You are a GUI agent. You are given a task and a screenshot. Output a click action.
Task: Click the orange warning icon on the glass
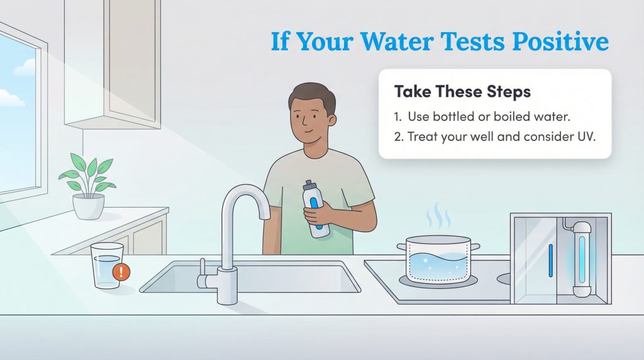pos(122,272)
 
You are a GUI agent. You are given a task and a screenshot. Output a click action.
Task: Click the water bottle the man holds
pos(316,210)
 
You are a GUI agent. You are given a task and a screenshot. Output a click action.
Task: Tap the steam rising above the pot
pos(438,217)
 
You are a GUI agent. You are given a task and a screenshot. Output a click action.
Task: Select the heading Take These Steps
pos(462,92)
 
